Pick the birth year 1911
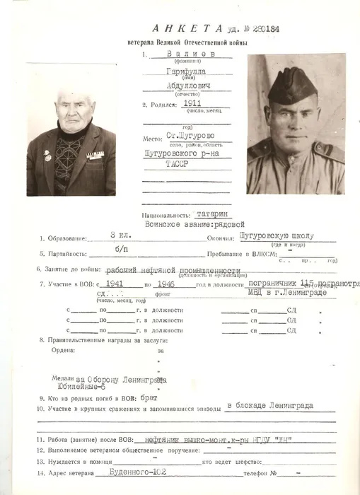coord(192,103)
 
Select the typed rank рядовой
coord(221,223)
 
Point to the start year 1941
coord(113,284)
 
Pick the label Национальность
coord(165,213)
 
